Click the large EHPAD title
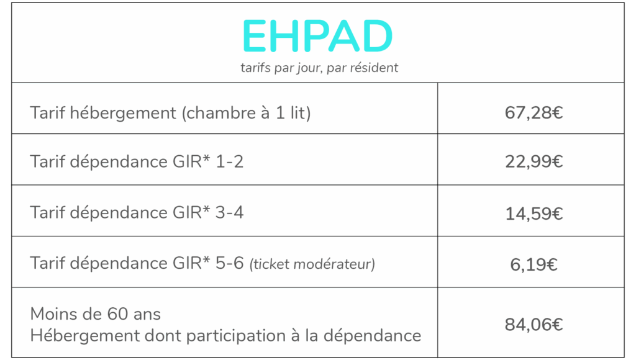pos(317,36)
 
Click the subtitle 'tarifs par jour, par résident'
pos(319,68)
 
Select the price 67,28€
pos(534,113)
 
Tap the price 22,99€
pos(534,162)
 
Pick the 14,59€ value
pos(534,214)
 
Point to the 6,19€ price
pos(534,265)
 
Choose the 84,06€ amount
pos(534,325)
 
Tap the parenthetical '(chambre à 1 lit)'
pos(246,113)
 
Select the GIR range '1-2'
pos(230,162)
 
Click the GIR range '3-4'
pos(230,213)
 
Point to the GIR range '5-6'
pos(230,264)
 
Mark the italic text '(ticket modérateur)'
pos(312,264)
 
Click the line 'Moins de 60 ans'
pos(95,314)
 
